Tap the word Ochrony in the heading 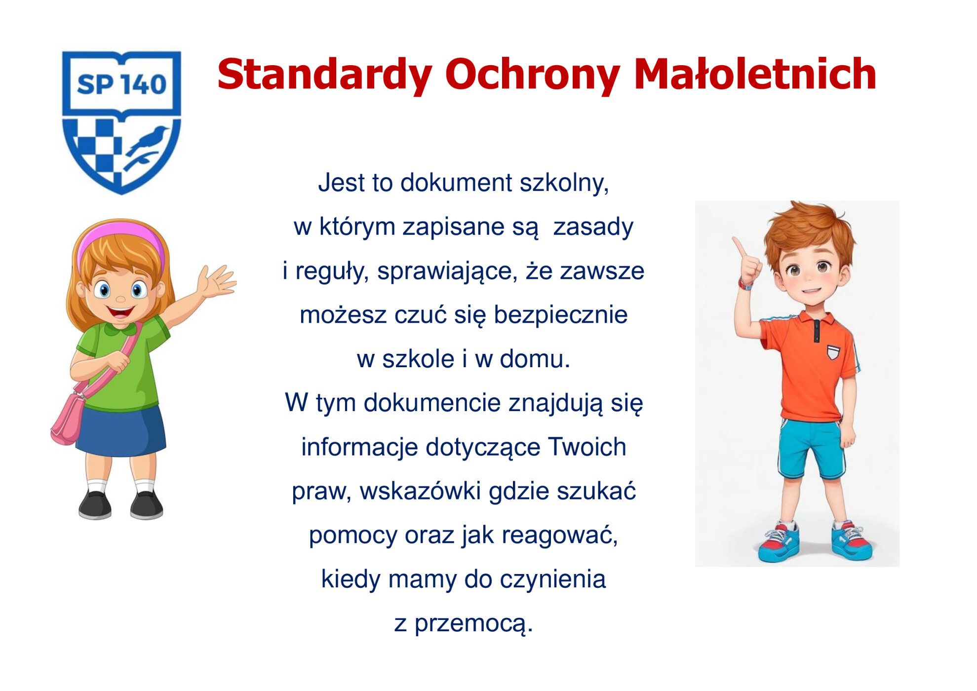pyautogui.click(x=532, y=75)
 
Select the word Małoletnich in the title pyautogui.click(x=755, y=74)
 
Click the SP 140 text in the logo pyautogui.click(x=121, y=84)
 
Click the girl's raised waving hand pyautogui.click(x=216, y=281)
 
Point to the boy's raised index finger pyautogui.click(x=739, y=247)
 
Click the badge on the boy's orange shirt pyautogui.click(x=833, y=352)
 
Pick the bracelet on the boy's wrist pyautogui.click(x=745, y=284)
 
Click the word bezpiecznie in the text pyautogui.click(x=560, y=315)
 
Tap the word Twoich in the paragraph pyautogui.click(x=587, y=447)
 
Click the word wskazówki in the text pyautogui.click(x=420, y=491)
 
